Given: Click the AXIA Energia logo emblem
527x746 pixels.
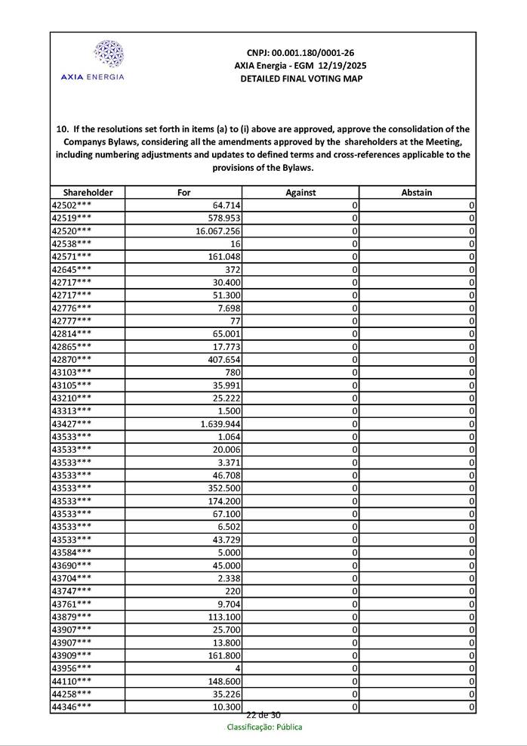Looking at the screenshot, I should pyautogui.click(x=108, y=54).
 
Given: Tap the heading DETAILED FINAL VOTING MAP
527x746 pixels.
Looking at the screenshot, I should pyautogui.click(x=300, y=79).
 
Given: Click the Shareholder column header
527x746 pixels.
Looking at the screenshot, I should pyautogui.click(x=88, y=193).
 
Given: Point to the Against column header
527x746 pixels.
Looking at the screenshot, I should pyautogui.click(x=300, y=193).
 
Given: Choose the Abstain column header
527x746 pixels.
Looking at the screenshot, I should pyautogui.click(x=417, y=193).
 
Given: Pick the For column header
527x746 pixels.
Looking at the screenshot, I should pyautogui.click(x=183, y=193).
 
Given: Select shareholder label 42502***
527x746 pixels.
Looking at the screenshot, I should pyautogui.click(x=72, y=206).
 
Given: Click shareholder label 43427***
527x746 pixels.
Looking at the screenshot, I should pyautogui.click(x=72, y=424).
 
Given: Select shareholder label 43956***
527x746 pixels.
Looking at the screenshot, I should pyautogui.click(x=72, y=668).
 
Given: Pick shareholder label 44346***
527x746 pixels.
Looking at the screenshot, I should pyautogui.click(x=72, y=707).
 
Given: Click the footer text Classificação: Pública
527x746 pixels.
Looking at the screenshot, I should pyautogui.click(x=264, y=727).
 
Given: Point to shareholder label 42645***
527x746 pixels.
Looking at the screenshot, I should pyautogui.click(x=72, y=270).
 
